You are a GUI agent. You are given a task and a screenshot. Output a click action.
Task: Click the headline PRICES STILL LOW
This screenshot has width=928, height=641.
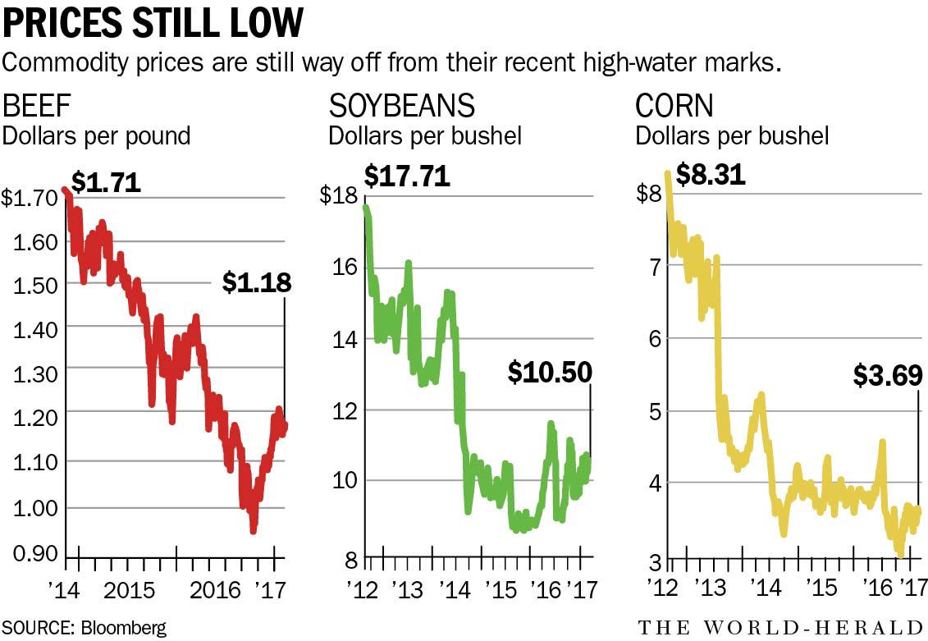153,25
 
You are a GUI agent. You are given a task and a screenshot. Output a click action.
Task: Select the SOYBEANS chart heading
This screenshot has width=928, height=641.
402,107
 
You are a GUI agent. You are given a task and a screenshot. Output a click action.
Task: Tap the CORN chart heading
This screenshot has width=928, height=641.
674,107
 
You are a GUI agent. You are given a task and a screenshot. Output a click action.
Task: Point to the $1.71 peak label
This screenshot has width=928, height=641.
106,181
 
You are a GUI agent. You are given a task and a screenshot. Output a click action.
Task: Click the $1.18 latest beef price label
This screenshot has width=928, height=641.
257,283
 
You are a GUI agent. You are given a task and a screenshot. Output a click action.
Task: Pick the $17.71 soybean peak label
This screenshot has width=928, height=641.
407,176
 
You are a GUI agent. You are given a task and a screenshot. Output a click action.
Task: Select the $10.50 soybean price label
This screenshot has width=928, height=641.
550,373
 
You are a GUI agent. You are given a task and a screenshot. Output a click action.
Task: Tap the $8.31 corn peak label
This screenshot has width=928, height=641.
711,175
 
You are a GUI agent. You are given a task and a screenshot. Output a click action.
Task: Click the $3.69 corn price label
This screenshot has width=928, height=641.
887,375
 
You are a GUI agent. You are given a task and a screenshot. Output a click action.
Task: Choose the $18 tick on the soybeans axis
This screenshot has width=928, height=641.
339,197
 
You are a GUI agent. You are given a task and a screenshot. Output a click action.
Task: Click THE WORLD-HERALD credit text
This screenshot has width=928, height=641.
781,628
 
